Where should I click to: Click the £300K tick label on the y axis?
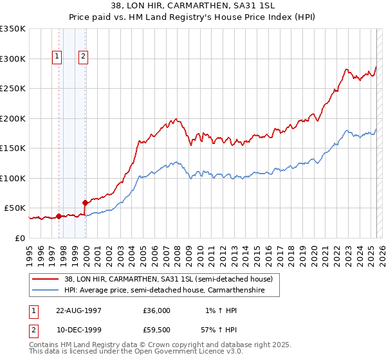(x=13, y=59)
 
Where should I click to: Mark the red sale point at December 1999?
(x=85, y=203)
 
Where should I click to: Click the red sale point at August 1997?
(x=59, y=217)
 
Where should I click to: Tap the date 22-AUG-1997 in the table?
(x=75, y=310)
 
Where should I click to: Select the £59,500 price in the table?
(x=156, y=329)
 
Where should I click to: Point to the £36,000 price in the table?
(x=156, y=310)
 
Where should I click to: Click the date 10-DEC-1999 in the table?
(x=75, y=329)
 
